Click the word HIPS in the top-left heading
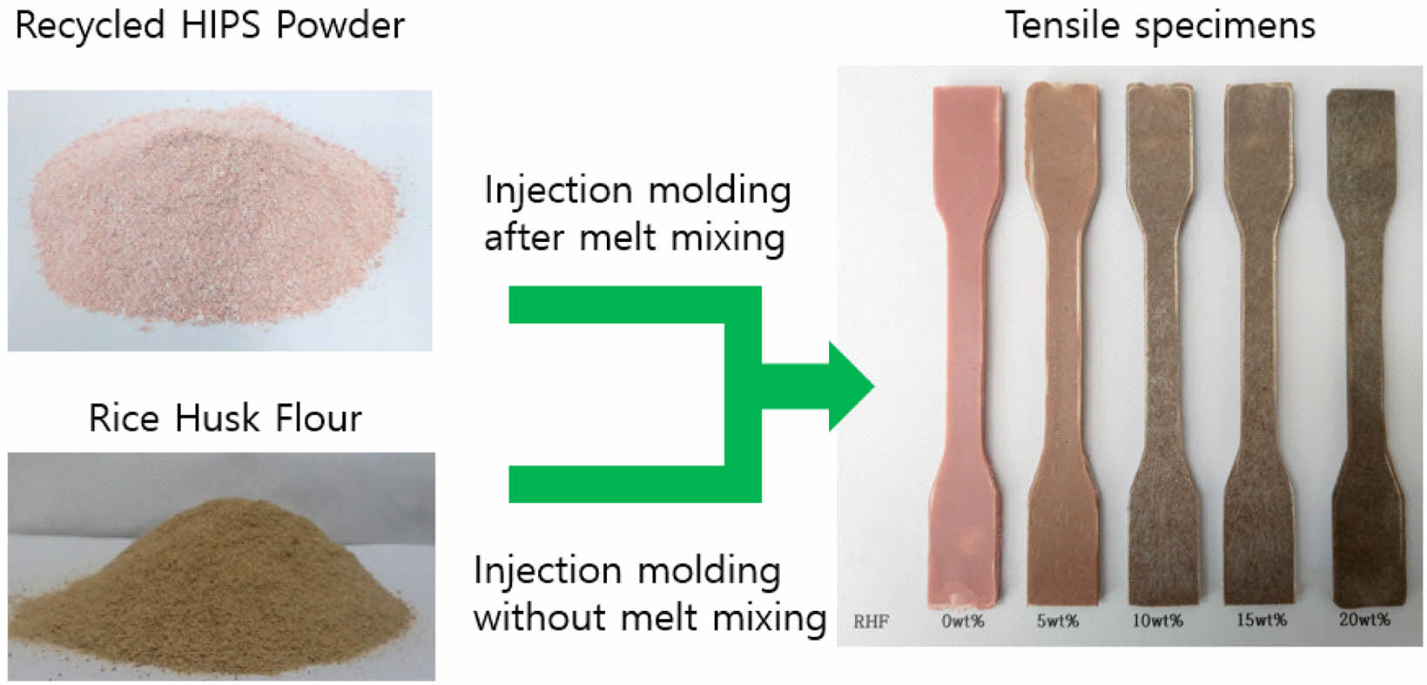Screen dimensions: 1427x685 point(221,25)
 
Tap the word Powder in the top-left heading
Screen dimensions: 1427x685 point(340,25)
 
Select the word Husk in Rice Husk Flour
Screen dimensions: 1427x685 point(218,419)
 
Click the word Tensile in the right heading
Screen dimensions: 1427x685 point(1062,26)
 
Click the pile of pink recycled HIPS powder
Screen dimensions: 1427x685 point(217,217)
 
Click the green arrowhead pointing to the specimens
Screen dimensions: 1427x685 point(851,386)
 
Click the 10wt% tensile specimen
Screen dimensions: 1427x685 point(1161,344)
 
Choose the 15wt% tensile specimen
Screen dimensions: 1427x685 point(1260,344)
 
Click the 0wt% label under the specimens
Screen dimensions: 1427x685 point(963,621)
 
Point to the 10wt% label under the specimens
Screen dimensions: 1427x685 point(1157,620)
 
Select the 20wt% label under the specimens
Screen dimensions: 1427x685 point(1364,619)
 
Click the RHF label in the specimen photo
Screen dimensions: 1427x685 point(871,621)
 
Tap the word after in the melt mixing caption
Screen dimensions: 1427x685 point(524,238)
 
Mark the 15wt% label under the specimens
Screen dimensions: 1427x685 point(1262,620)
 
